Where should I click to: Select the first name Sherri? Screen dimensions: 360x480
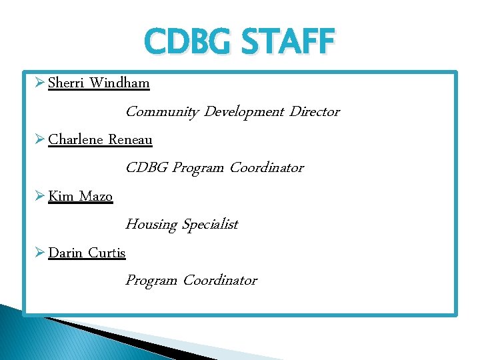[x=67, y=83]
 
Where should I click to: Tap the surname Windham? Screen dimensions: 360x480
[x=119, y=83]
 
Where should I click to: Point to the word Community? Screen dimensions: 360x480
[x=162, y=112]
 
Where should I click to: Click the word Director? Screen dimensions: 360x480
[x=314, y=112]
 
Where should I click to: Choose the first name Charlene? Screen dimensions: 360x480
[x=75, y=140]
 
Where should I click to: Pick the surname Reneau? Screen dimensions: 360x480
[x=130, y=140]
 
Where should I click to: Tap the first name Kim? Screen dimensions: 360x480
[x=61, y=197]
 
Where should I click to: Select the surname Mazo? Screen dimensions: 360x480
[x=96, y=197]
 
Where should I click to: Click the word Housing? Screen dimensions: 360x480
[x=151, y=225]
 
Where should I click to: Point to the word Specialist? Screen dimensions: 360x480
[x=209, y=225]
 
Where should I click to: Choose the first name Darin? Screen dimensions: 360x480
[x=66, y=253]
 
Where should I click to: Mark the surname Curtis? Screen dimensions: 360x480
[x=107, y=253]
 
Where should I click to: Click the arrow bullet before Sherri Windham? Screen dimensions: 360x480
[x=39, y=83]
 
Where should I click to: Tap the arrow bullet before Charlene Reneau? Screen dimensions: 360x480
[x=39, y=140]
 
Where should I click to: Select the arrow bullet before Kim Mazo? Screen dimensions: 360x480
[x=39, y=197]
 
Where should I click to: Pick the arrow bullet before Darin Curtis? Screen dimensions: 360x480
[x=39, y=253]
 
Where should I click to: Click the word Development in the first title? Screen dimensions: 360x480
[x=244, y=112]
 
